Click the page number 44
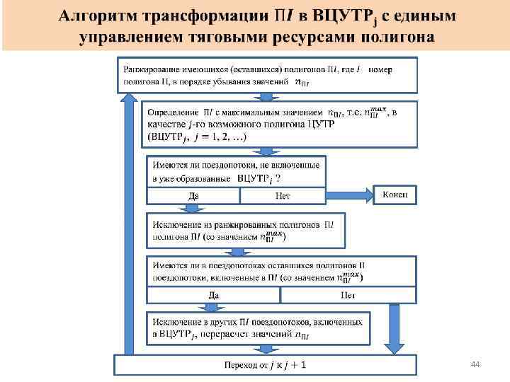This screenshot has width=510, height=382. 475,364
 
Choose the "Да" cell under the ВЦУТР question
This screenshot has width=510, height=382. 192,195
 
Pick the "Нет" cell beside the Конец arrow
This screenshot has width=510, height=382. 282,195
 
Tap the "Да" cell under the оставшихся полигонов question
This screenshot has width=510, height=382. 212,294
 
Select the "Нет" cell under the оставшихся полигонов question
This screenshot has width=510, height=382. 347,294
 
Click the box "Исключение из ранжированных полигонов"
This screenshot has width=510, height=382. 245,231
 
